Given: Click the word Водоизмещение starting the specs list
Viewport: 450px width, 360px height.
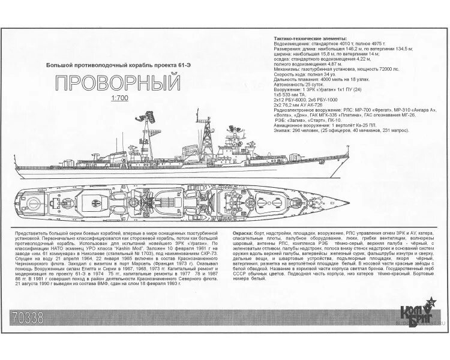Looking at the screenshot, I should [291, 43].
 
